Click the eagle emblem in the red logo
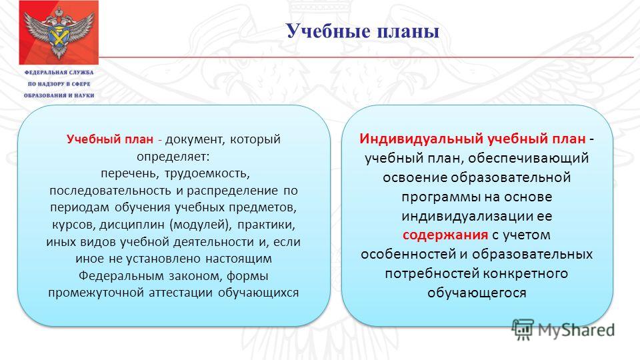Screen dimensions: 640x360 pyautogui.click(x=59, y=33)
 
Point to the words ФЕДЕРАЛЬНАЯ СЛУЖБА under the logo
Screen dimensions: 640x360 pyautogui.click(x=59, y=72)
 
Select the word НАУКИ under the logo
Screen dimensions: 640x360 pyautogui.click(x=83, y=95)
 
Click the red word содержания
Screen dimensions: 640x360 pyautogui.click(x=445, y=235)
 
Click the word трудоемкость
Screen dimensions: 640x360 pyautogui.click(x=207, y=174)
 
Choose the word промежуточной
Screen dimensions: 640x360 pyautogui.click(x=96, y=293)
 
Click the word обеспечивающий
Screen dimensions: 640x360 pyautogui.click(x=528, y=159)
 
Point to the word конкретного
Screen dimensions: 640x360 pyautogui.click(x=525, y=273)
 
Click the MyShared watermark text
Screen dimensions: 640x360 pyautogui.click(x=576, y=329)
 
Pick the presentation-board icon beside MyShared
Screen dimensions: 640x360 pyautogui.click(x=523, y=329)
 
